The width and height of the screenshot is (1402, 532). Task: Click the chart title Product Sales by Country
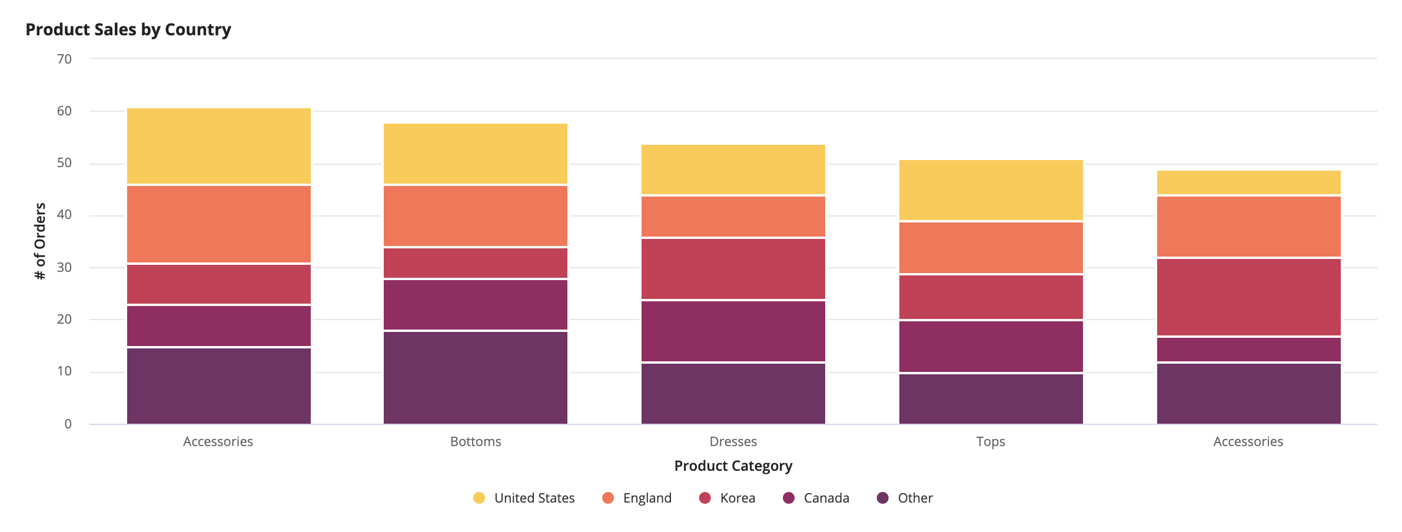point(128,29)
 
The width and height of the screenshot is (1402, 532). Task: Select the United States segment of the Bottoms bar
point(476,154)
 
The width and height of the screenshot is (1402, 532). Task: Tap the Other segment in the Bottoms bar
point(476,378)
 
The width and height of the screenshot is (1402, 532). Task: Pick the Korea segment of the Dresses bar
point(733,269)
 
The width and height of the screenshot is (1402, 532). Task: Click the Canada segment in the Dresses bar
point(733,331)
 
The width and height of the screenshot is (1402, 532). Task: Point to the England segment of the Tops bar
point(991,248)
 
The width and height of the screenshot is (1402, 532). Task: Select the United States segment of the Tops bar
point(991,190)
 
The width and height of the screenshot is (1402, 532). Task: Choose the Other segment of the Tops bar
point(991,399)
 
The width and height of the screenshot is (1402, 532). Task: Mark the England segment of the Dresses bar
point(733,217)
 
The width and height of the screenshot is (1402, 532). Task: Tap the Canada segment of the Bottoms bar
point(476,305)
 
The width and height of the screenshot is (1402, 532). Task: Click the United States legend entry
point(524,498)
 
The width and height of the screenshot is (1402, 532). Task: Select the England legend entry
point(637,498)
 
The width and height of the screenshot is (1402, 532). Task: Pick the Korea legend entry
point(727,498)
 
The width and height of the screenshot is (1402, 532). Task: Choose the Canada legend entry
point(816,498)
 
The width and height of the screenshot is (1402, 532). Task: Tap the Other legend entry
point(905,498)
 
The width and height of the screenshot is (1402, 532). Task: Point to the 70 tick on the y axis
point(64,59)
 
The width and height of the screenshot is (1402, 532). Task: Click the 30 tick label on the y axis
point(64,267)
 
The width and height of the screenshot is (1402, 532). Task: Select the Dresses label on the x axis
point(733,441)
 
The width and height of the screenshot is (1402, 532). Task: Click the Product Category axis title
point(733,465)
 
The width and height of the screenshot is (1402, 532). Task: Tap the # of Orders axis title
point(40,241)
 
